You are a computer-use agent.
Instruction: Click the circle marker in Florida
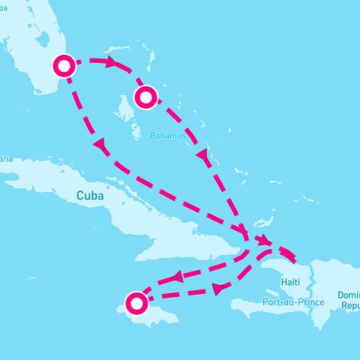65,66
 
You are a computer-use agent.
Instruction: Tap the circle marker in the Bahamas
145,96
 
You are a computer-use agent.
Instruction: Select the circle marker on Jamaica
136,303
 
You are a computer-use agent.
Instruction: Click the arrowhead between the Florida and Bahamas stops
112,63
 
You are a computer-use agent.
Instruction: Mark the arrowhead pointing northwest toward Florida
98,144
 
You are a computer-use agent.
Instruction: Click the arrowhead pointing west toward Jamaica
177,277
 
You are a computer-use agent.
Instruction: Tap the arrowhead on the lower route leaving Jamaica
217,289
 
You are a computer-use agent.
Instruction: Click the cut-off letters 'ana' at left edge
7,159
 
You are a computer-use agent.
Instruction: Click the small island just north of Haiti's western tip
262,223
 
